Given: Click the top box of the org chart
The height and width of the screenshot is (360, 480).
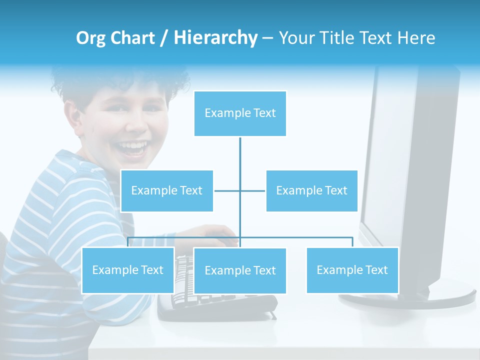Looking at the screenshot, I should [240, 113].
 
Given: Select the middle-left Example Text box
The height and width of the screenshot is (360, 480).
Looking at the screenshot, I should [166, 190].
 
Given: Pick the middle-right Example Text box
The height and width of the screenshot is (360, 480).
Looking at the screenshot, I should [311, 190].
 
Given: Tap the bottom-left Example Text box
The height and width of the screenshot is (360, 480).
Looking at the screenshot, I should [127, 270].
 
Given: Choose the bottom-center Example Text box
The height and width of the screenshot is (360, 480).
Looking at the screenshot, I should [240, 270].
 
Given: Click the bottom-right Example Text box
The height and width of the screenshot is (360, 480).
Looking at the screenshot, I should [352, 270].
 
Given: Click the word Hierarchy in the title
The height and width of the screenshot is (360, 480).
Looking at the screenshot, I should [215, 38].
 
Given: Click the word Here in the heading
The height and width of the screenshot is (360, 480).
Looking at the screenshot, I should [416, 38].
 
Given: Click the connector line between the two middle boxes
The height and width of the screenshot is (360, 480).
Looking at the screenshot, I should [240, 190].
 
